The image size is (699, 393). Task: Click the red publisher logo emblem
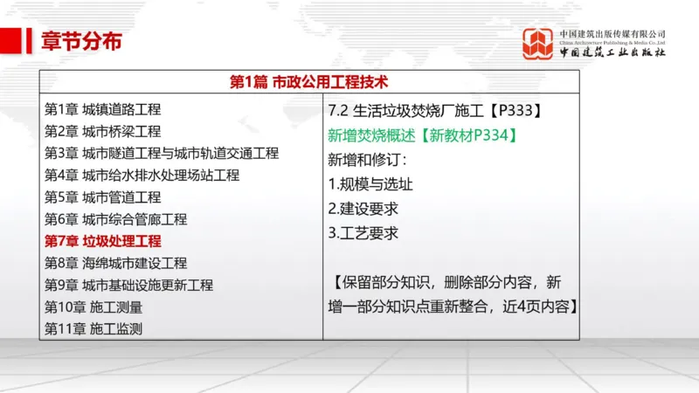(538, 44)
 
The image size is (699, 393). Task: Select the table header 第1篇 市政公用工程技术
(308, 82)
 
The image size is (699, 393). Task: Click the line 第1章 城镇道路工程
(102, 110)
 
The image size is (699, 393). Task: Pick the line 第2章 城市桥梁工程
(102, 132)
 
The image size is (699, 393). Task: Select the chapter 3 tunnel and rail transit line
(162, 154)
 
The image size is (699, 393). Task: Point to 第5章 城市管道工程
(102, 197)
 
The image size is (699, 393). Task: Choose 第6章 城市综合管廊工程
(115, 219)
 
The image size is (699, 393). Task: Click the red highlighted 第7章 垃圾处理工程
(102, 241)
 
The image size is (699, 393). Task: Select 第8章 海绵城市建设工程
(115, 263)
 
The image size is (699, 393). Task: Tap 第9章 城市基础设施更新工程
(128, 285)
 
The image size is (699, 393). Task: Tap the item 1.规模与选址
(370, 184)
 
